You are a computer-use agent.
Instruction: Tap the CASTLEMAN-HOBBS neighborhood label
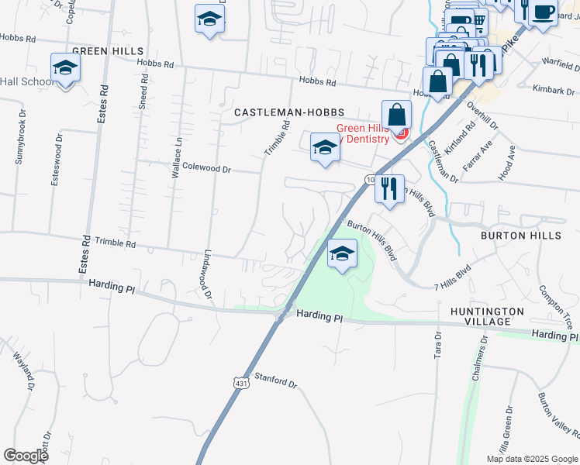[x=288, y=112]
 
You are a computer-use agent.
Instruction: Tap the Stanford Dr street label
[x=276, y=380]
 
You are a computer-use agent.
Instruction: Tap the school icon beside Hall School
[x=65, y=68]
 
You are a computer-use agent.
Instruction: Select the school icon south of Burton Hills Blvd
[x=342, y=253]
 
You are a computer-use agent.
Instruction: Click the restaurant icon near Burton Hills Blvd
[x=389, y=188]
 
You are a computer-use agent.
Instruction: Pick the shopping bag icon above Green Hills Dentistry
[x=396, y=115]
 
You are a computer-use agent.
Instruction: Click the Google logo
[x=26, y=456]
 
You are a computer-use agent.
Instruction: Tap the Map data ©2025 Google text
[x=531, y=459]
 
